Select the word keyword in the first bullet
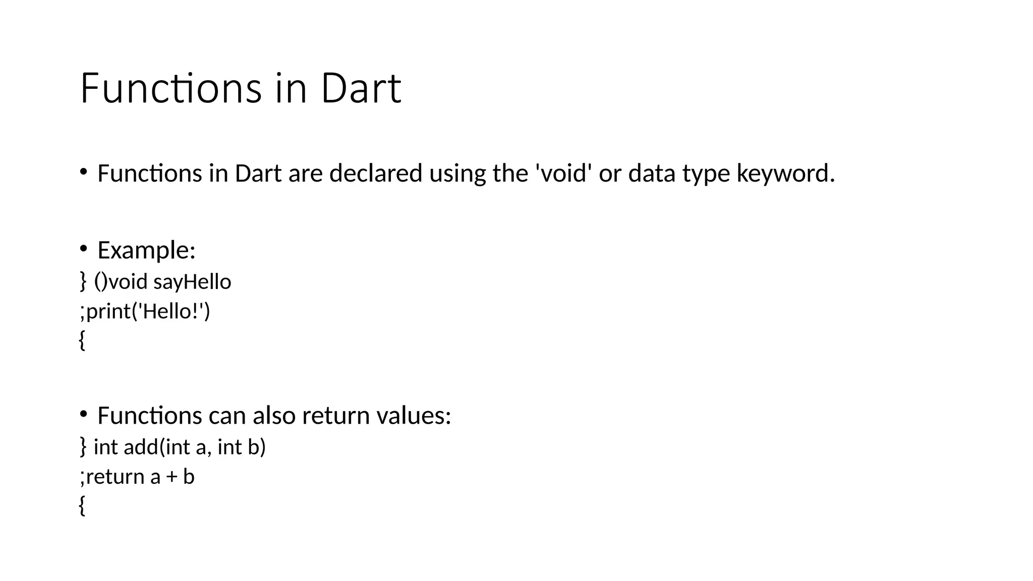(x=785, y=173)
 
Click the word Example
(x=146, y=250)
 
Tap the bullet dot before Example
(x=84, y=248)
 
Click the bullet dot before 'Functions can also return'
(x=84, y=414)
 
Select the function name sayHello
(x=192, y=282)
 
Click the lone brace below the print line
(x=82, y=340)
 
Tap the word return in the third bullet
(x=336, y=416)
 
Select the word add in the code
(x=141, y=447)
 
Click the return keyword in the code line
(x=116, y=477)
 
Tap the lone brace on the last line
(x=82, y=506)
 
